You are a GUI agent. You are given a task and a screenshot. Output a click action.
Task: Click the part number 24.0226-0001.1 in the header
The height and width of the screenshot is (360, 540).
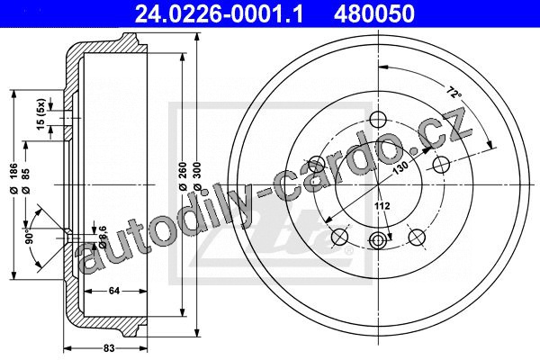219,14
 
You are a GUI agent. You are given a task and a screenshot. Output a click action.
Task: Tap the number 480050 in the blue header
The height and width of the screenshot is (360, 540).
373,14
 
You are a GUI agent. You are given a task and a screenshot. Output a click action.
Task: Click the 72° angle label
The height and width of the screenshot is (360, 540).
454,93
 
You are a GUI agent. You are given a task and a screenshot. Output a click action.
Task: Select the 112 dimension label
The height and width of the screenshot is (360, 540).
382,206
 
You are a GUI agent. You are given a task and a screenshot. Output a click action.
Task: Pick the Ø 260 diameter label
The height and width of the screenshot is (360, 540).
183,175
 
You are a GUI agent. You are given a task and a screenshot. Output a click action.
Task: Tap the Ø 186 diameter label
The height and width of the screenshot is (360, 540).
13,178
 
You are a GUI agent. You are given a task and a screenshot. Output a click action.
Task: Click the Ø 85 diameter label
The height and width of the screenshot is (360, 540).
26,181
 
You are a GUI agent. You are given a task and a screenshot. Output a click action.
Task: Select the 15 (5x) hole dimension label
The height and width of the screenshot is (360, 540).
41,114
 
